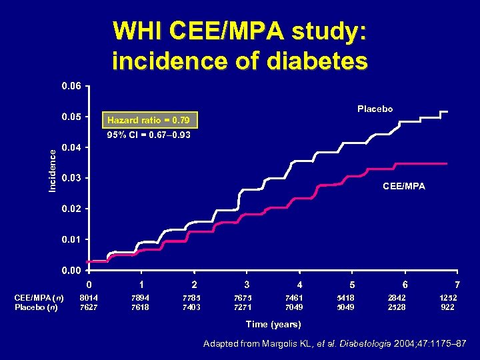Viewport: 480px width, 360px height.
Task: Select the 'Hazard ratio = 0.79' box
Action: tap(147, 121)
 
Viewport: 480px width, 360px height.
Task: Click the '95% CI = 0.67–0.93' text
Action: tap(149, 135)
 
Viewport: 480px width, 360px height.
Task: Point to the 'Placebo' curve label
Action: tap(375, 109)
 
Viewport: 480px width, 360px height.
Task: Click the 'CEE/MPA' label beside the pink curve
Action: tap(403, 187)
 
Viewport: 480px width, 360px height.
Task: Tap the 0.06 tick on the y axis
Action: tap(71, 87)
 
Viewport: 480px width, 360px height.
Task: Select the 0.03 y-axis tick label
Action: tap(71, 179)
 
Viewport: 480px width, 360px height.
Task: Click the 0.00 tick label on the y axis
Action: tap(71, 271)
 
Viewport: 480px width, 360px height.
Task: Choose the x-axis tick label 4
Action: tap(299, 285)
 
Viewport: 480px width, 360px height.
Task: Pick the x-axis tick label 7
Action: tap(457, 285)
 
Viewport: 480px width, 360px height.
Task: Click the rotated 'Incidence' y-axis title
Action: tap(53, 171)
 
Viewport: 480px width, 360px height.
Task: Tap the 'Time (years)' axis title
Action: tap(273, 324)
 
